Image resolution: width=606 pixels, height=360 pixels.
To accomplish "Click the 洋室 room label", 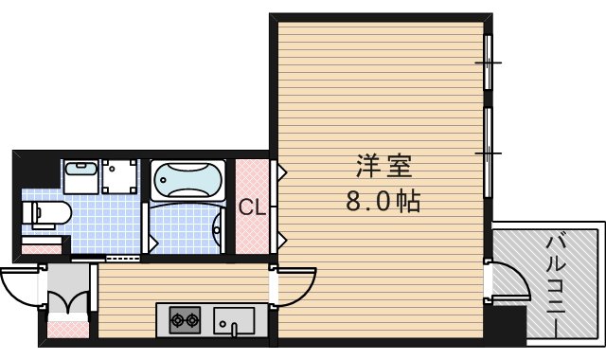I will click(383, 167).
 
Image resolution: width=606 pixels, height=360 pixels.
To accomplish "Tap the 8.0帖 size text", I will click(383, 202).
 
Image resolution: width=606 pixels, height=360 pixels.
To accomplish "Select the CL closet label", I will click(251, 207).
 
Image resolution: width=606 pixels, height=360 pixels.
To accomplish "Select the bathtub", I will click(187, 179).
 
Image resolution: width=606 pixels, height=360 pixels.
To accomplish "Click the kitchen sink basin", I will click(234, 320).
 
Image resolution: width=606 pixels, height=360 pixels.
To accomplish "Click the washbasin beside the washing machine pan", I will click(80, 175).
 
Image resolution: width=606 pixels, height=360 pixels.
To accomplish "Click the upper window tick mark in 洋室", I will click(488, 63).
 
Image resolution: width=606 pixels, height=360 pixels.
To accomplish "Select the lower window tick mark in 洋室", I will click(488, 150).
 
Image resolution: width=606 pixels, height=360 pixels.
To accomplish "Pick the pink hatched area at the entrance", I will click(66, 331).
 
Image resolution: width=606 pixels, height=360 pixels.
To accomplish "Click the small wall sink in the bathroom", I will click(218, 226).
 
